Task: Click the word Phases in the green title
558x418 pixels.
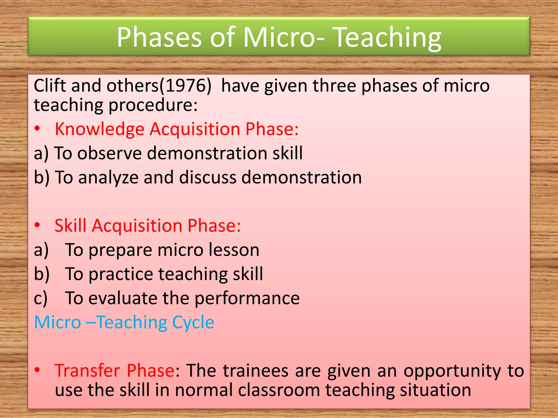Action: click(x=159, y=38)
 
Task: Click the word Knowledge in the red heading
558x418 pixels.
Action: click(x=99, y=129)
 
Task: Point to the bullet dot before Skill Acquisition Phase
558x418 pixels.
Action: click(x=37, y=225)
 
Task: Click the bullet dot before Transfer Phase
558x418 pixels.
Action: click(x=37, y=370)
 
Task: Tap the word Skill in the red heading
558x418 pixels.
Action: click(x=70, y=226)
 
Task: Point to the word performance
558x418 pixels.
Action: click(x=247, y=299)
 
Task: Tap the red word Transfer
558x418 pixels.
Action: click(x=87, y=371)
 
